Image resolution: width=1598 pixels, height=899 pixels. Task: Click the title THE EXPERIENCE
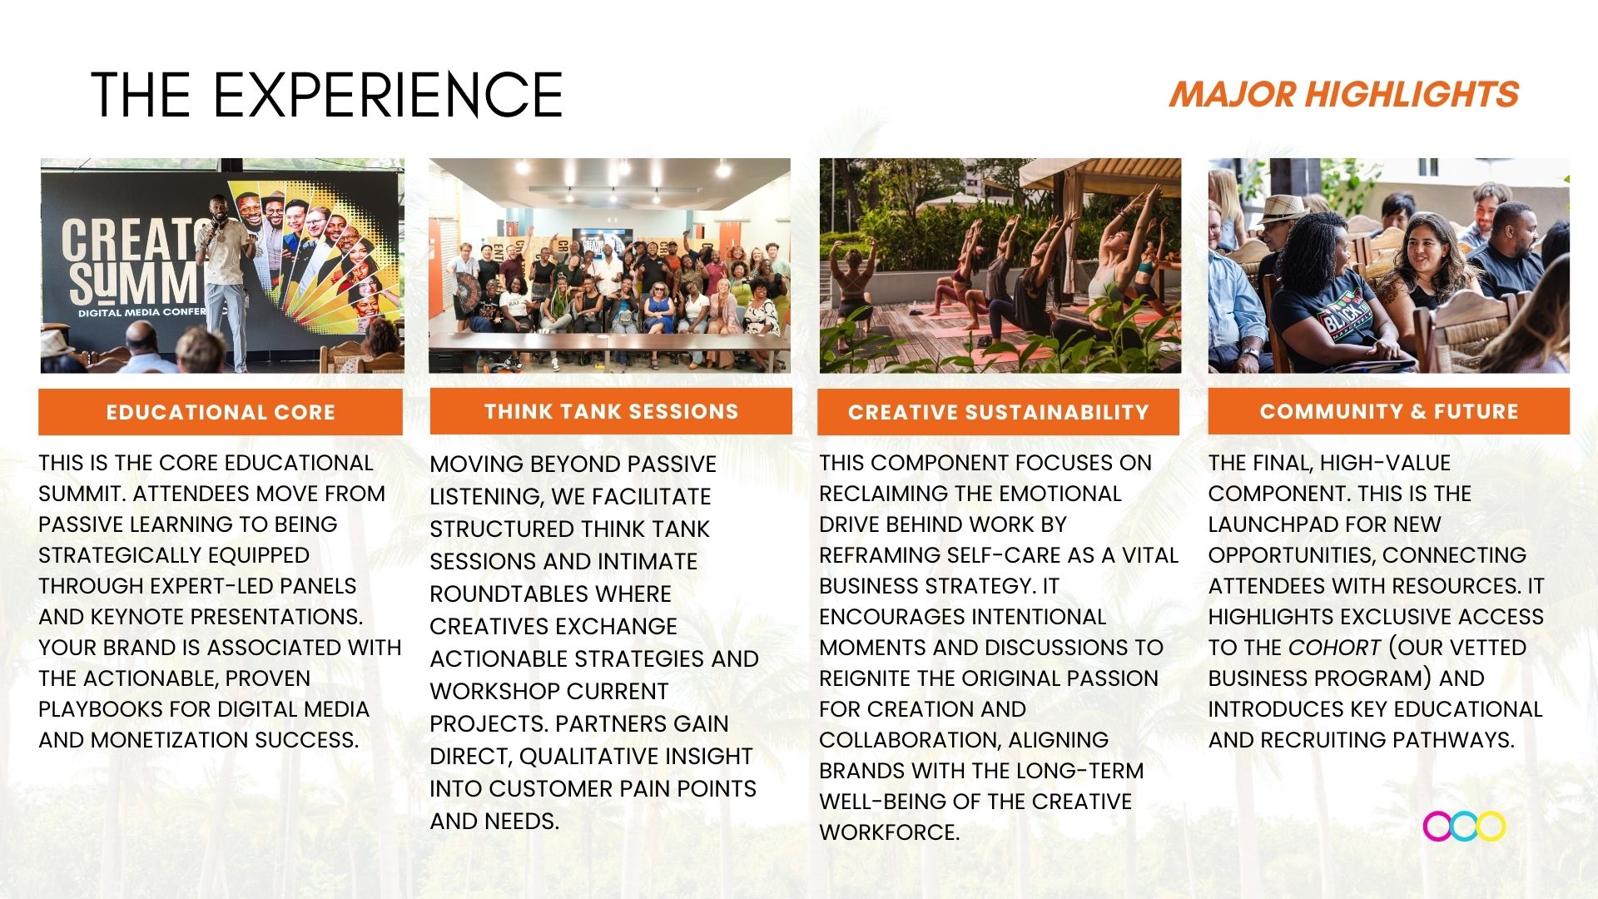pyautogui.click(x=327, y=95)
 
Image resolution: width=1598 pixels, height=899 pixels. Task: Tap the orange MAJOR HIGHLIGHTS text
pyautogui.click(x=1344, y=94)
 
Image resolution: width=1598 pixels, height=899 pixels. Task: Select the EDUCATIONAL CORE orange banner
pyautogui.click(x=221, y=412)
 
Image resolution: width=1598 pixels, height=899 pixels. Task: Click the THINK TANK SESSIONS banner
pyautogui.click(x=611, y=411)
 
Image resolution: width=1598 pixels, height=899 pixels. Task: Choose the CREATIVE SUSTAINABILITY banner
pyautogui.click(x=998, y=412)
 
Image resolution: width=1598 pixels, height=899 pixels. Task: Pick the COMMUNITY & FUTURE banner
pyautogui.click(x=1389, y=411)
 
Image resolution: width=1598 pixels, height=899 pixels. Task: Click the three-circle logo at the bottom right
pyautogui.click(x=1464, y=827)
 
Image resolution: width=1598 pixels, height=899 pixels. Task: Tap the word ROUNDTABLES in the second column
pyautogui.click(x=550, y=594)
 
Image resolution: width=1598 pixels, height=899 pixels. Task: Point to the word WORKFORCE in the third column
pyautogui.click(x=889, y=832)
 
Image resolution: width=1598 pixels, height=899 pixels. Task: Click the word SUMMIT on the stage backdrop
pyautogui.click(x=133, y=284)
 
